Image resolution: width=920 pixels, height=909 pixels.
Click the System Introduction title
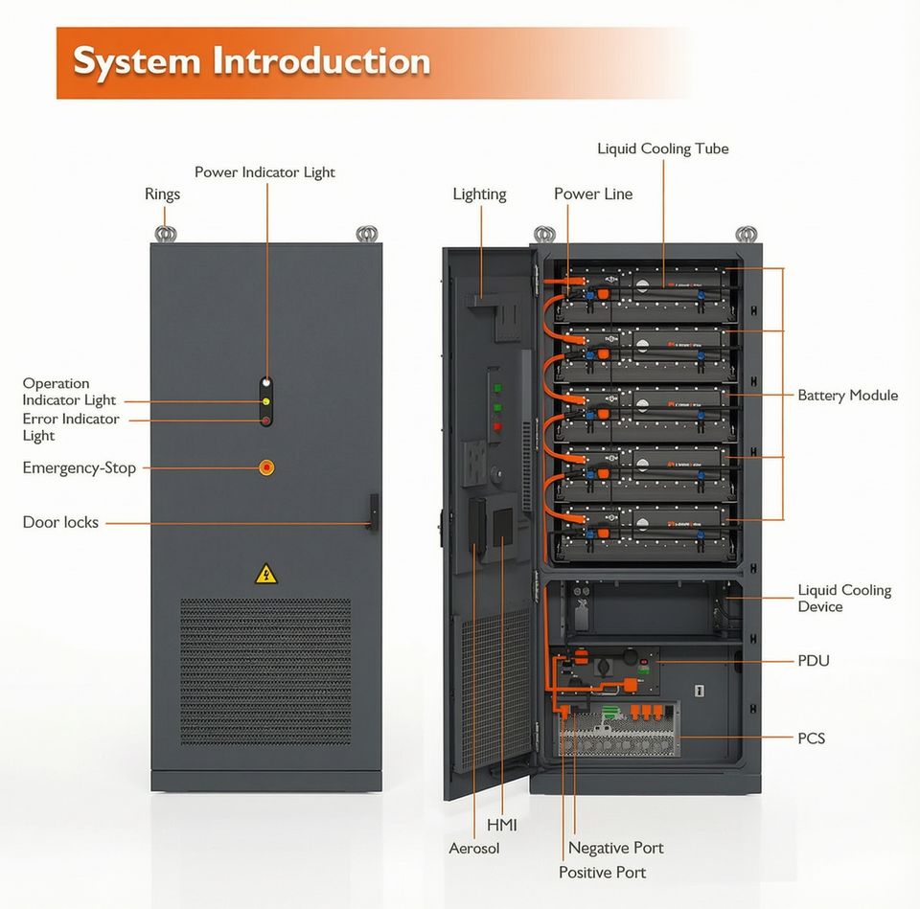point(252,60)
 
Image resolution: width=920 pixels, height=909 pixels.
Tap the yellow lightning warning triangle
point(266,575)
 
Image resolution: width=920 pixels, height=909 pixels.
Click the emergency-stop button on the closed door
point(266,467)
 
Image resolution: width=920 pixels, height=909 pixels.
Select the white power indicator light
point(266,383)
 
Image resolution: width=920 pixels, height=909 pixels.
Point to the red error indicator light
point(265,420)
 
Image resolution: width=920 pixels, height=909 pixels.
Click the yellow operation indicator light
point(265,401)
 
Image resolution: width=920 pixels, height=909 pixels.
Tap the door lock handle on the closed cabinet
point(373,512)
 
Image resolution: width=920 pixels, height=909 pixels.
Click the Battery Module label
point(848,396)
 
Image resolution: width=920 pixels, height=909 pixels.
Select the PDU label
point(814,661)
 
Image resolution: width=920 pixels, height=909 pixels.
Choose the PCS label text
point(811,739)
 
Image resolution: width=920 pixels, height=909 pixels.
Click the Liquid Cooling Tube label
point(663,149)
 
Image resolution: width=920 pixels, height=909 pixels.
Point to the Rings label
point(163,194)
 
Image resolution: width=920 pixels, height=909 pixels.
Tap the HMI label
point(501,825)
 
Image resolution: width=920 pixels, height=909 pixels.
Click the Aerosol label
point(474,848)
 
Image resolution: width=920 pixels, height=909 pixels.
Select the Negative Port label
point(616,848)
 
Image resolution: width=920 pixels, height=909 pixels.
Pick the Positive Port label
point(602,873)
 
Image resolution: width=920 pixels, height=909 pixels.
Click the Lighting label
point(479,194)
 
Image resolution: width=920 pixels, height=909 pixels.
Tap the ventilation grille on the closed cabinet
point(265,671)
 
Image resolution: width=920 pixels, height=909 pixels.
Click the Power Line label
point(593,194)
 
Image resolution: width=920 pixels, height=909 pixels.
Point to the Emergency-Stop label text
point(80,468)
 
